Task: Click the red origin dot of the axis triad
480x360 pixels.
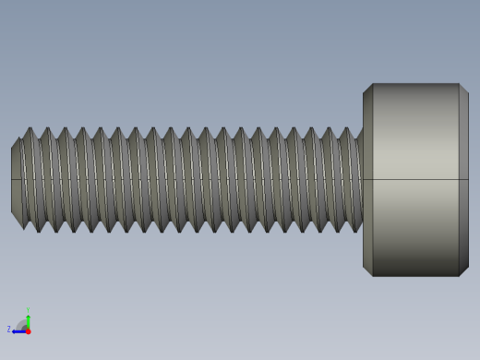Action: tap(28, 330)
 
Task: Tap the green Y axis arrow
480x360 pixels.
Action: tap(28, 318)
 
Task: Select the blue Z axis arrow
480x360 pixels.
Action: tap(18, 330)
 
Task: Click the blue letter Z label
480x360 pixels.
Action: tap(9, 330)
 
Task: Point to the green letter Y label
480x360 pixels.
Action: tap(28, 310)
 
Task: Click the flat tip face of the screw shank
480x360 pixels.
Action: tap(16, 179)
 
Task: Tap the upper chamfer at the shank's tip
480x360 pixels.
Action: tap(17, 143)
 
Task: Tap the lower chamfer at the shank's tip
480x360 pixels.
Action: tap(17, 216)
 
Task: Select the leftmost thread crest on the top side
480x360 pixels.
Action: tap(30, 130)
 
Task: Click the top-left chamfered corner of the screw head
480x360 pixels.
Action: tap(367, 89)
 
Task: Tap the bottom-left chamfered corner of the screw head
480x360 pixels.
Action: tap(367, 270)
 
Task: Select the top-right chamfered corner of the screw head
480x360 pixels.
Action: tap(463, 89)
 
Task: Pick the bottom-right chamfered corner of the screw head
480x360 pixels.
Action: tap(463, 270)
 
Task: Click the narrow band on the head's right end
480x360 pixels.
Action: tap(463, 179)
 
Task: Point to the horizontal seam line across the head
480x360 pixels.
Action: tap(415, 179)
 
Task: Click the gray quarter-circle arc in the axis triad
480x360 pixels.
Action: tap(21, 324)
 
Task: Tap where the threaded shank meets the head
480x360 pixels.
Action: tap(362, 179)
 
